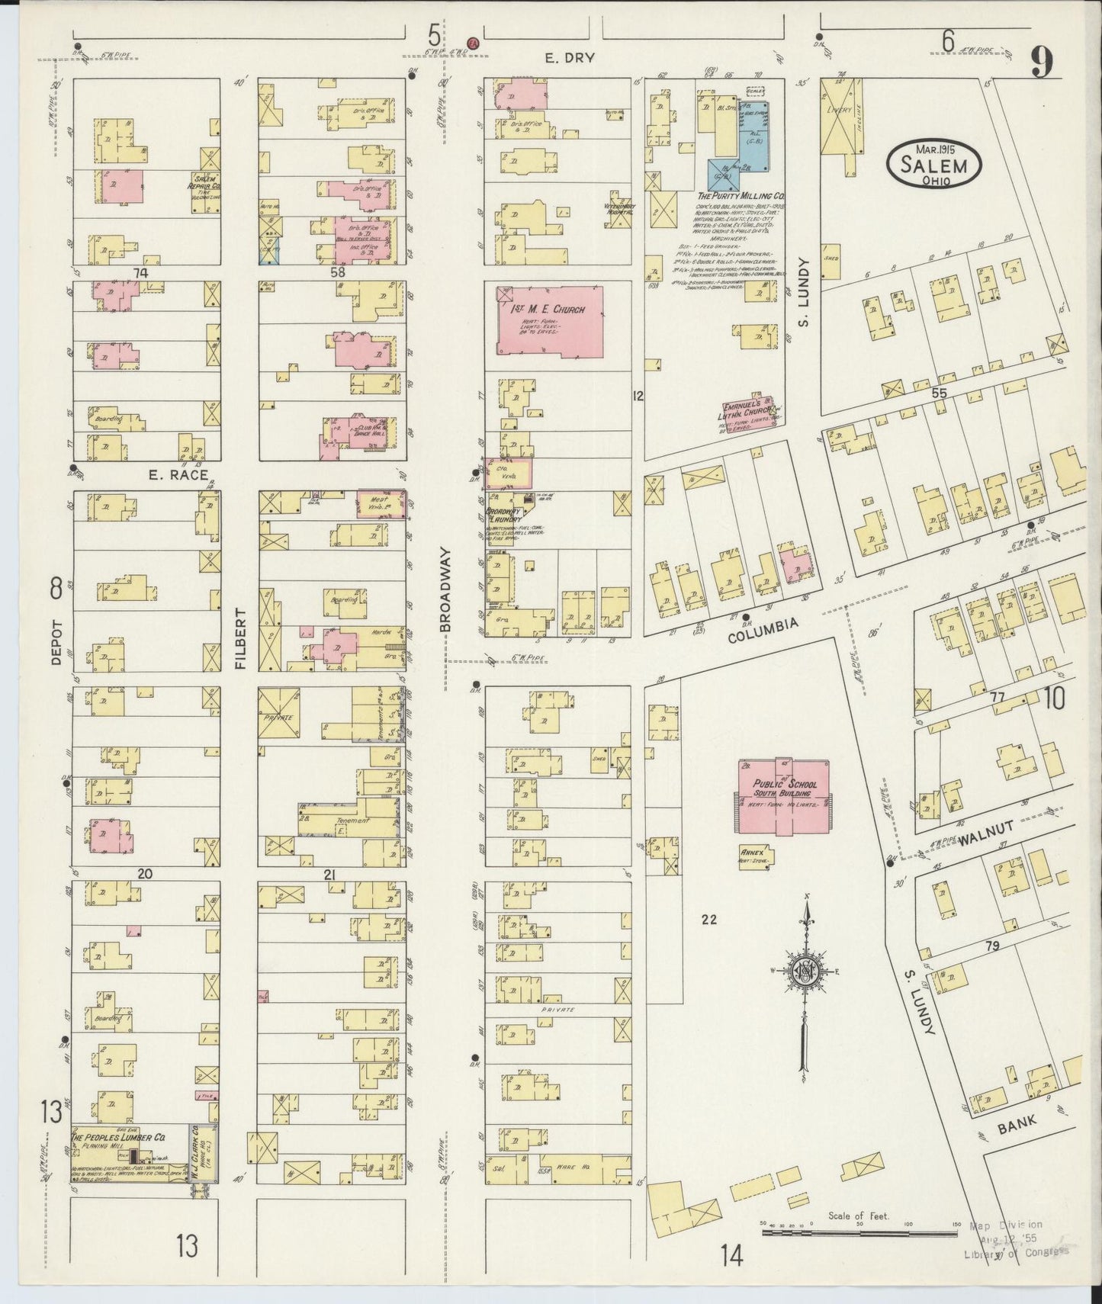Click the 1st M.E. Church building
549,321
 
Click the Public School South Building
783,795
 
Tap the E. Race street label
178,475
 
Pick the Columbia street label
763,630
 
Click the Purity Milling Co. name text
741,197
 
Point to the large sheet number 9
1043,63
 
